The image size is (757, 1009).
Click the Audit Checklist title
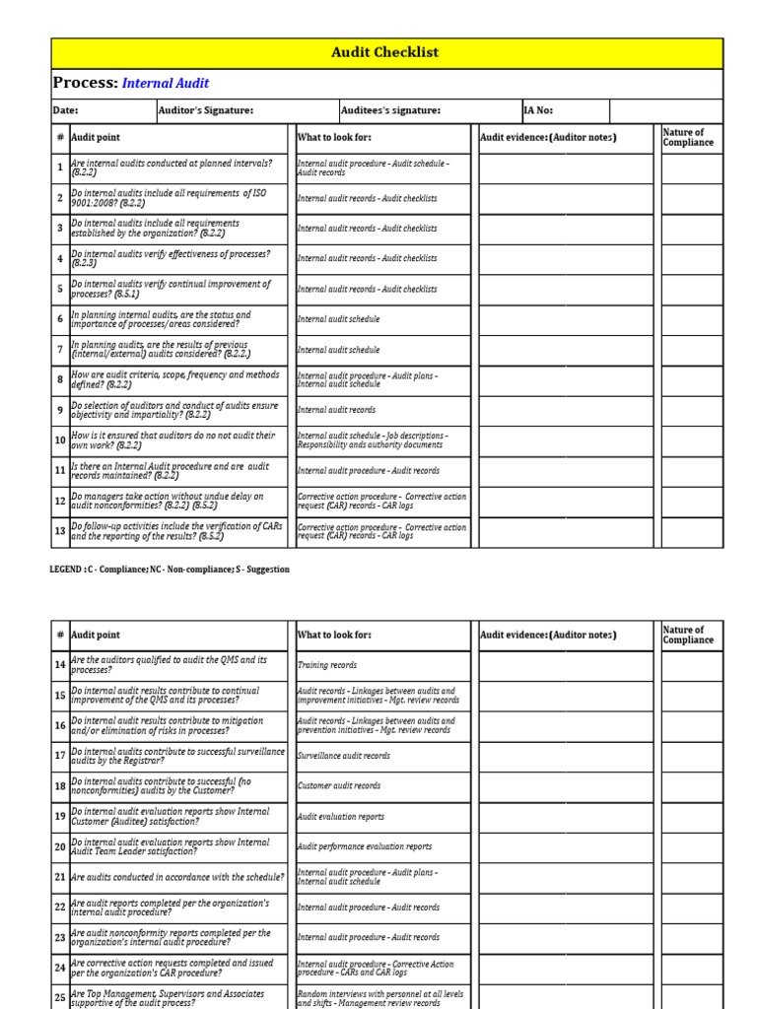(x=386, y=52)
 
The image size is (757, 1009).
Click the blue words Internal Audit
(x=165, y=84)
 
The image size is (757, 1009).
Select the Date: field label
(x=65, y=111)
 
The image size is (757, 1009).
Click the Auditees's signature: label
(x=390, y=111)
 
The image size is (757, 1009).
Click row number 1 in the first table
(x=60, y=168)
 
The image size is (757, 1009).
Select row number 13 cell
(x=60, y=532)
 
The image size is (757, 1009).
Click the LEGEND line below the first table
(x=170, y=570)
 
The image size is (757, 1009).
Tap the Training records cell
(x=327, y=666)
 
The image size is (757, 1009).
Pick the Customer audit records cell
(x=339, y=786)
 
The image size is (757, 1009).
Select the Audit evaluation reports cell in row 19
(x=342, y=817)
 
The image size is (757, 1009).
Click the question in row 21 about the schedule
(x=177, y=877)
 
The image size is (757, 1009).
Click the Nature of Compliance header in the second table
(x=689, y=635)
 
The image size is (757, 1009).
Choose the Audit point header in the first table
(x=96, y=138)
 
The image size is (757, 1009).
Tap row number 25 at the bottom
(x=60, y=997)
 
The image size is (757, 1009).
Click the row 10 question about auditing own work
(x=173, y=439)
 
